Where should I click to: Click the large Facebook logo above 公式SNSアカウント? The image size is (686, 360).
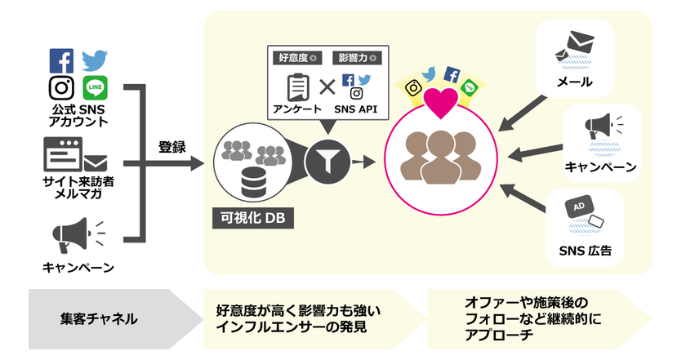61,61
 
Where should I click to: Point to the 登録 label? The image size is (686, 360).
171,149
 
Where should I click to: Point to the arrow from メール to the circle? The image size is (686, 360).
523,112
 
